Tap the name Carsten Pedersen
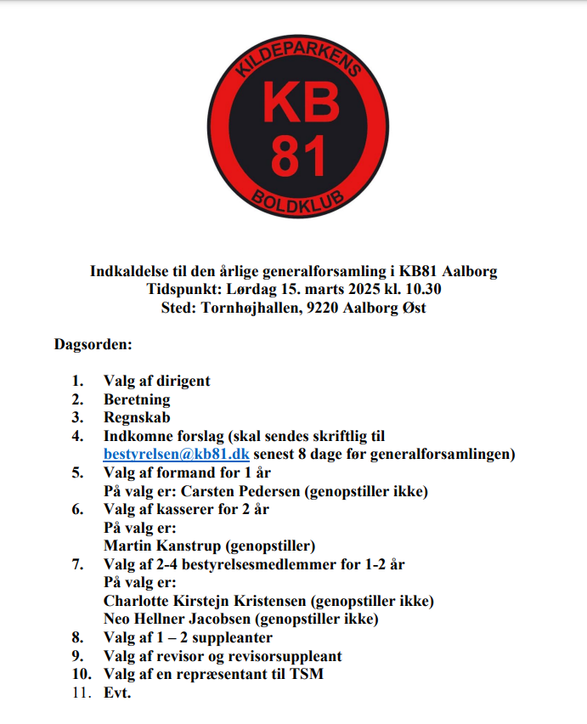(x=253, y=491)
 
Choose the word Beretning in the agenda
(x=137, y=399)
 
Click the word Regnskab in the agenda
(x=137, y=417)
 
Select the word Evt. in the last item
(x=117, y=693)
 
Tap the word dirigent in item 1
(x=181, y=381)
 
